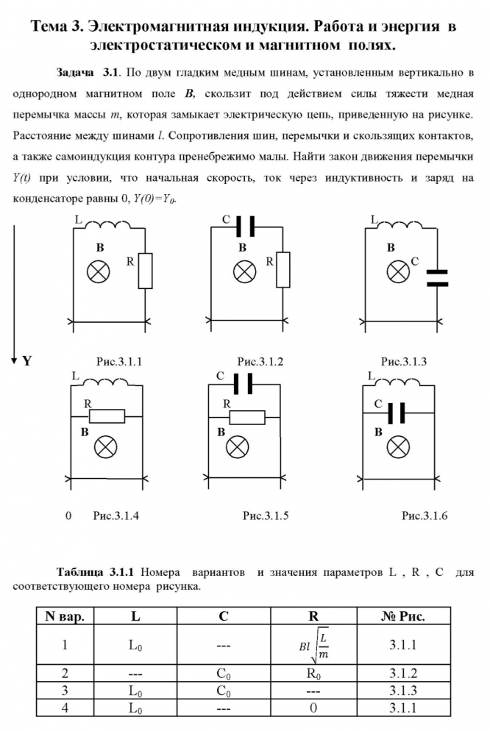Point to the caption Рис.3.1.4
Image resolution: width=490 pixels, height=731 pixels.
[x=116, y=516]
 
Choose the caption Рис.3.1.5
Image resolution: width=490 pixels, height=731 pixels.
[x=266, y=516]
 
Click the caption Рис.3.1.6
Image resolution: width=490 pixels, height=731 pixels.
[x=425, y=516]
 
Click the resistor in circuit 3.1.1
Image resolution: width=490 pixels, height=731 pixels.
[x=145, y=270]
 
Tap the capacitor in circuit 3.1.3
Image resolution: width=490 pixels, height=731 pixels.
[x=437, y=277]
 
